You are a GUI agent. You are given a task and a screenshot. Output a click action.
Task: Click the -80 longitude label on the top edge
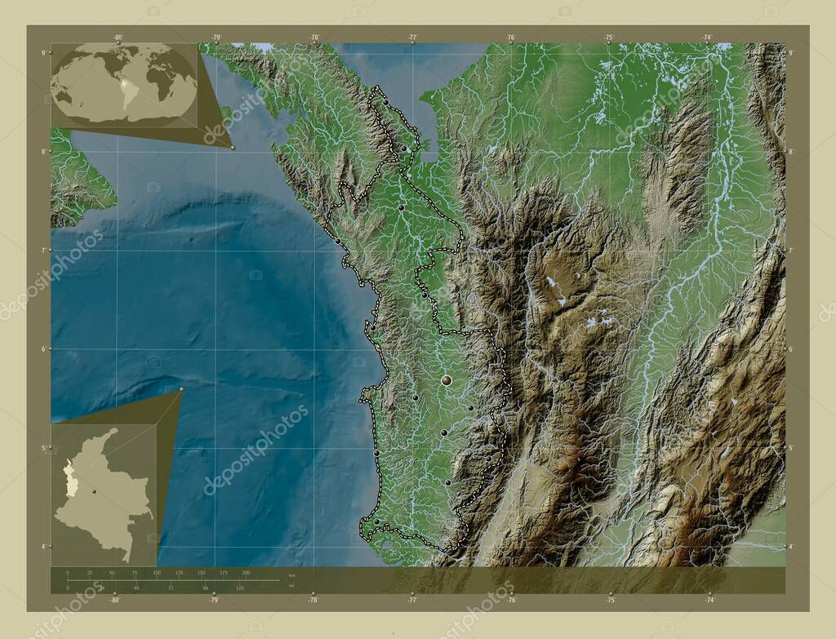pyautogui.click(x=118, y=37)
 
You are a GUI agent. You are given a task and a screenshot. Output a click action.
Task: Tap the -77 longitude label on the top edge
pyautogui.click(x=412, y=37)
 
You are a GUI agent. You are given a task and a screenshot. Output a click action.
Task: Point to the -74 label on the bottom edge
pyautogui.click(x=709, y=600)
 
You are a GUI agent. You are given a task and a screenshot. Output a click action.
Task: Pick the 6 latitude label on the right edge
pyautogui.click(x=790, y=349)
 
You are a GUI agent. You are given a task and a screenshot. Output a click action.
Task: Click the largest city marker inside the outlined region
pyautogui.click(x=447, y=380)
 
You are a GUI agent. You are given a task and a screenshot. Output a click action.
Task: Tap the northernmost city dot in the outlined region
pyautogui.click(x=403, y=149)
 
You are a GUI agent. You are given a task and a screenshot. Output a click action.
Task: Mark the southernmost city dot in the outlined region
pyautogui.click(x=376, y=521)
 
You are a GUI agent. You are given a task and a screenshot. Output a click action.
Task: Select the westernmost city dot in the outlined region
pyautogui.click(x=337, y=241)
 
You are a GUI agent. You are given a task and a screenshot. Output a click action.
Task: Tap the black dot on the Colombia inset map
pyautogui.click(x=95, y=491)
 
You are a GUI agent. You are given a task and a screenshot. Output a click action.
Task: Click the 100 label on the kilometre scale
pyautogui.click(x=156, y=574)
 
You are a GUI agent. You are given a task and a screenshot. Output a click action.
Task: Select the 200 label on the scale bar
pyautogui.click(x=245, y=574)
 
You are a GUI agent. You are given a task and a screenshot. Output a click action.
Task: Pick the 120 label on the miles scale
pyautogui.click(x=240, y=587)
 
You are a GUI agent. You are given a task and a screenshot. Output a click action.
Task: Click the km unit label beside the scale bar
pyautogui.click(x=291, y=576)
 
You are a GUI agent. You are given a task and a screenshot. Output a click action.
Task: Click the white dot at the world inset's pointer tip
pyautogui.click(x=233, y=148)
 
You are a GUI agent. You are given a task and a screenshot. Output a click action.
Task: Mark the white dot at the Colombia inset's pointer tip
pyautogui.click(x=181, y=389)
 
